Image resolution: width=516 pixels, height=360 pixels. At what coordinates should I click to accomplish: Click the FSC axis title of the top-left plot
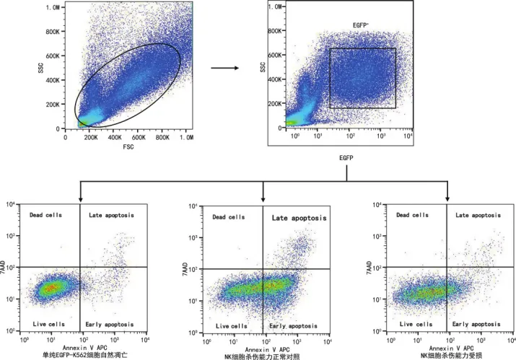pyautogui.click(x=128, y=146)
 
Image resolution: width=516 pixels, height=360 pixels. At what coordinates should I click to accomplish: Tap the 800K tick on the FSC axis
pyautogui.click(x=162, y=137)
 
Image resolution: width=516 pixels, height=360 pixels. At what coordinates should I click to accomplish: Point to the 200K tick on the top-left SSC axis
pyautogui.click(x=53, y=105)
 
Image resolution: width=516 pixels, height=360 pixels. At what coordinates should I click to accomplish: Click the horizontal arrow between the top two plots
pyautogui.click(x=224, y=68)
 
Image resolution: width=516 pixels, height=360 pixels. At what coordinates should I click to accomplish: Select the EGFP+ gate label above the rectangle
pyautogui.click(x=361, y=25)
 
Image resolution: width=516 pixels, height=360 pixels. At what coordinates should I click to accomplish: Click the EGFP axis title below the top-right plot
pyautogui.click(x=346, y=158)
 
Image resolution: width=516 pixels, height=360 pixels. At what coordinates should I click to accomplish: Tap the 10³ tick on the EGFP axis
pyautogui.click(x=381, y=136)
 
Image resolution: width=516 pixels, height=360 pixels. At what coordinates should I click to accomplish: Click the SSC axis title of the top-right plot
pyautogui.click(x=263, y=67)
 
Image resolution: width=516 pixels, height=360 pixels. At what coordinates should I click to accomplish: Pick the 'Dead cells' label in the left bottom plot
pyautogui.click(x=45, y=215)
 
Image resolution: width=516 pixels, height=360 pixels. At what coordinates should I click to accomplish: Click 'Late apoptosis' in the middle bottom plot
pyautogui.click(x=299, y=218)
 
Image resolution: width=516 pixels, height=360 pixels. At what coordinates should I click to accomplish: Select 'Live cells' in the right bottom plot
pyautogui.click(x=416, y=324)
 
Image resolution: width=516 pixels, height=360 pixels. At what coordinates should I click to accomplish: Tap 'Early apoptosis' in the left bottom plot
pyautogui.click(x=110, y=325)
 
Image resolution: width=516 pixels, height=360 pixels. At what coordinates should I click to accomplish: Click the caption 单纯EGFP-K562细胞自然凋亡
pyautogui.click(x=85, y=355)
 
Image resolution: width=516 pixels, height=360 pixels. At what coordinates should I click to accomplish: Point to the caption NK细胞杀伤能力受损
pyautogui.click(x=452, y=356)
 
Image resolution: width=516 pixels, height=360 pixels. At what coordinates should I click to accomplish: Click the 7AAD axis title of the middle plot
pyautogui.click(x=185, y=269)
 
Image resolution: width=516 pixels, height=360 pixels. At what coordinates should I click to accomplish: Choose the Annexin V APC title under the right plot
pyautogui.click(x=452, y=348)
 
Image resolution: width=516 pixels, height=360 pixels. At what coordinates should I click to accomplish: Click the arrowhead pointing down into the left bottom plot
pyautogui.click(x=80, y=200)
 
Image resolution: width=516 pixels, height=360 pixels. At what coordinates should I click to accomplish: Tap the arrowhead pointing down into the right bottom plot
pyautogui.click(x=447, y=198)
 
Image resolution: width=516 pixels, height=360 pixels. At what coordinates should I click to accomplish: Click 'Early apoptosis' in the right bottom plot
pyautogui.click(x=476, y=324)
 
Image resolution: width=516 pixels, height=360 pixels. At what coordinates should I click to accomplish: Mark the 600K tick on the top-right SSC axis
pyautogui.click(x=275, y=55)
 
